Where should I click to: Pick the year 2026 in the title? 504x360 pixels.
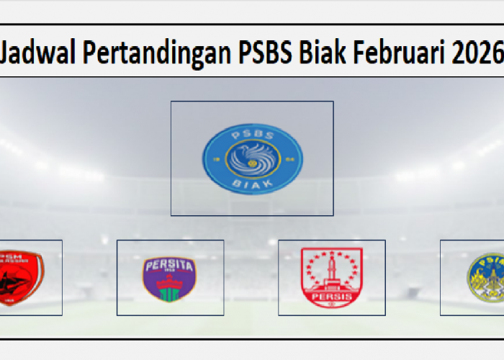point(477,53)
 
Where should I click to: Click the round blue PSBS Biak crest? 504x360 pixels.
point(252,158)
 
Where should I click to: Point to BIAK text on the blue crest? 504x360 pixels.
point(252,184)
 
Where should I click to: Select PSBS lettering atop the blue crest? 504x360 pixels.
point(252,133)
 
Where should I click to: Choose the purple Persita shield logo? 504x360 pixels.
point(170,278)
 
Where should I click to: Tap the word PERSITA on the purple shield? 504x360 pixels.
point(170,265)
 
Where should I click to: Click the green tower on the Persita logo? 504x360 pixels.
point(170,289)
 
